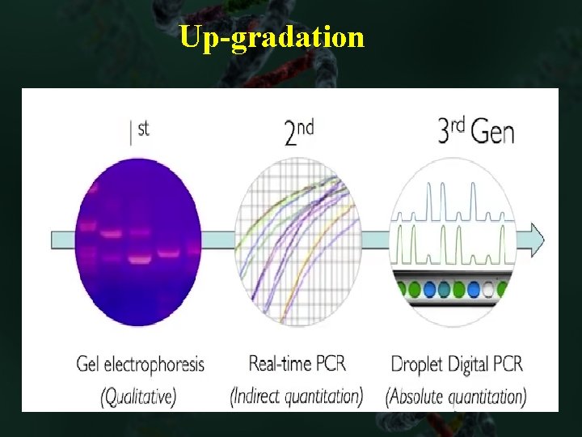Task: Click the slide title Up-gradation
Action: pyautogui.click(x=272, y=37)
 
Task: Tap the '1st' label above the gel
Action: pyautogui.click(x=139, y=131)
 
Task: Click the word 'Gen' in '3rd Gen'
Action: pyautogui.click(x=491, y=132)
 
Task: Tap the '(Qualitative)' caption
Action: pyautogui.click(x=138, y=396)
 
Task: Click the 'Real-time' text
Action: pyautogui.click(x=280, y=363)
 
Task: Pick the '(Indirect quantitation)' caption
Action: pyautogui.click(x=297, y=396)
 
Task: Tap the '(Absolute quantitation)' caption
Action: pyautogui.click(x=456, y=396)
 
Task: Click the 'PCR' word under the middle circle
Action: pyautogui.click(x=331, y=363)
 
